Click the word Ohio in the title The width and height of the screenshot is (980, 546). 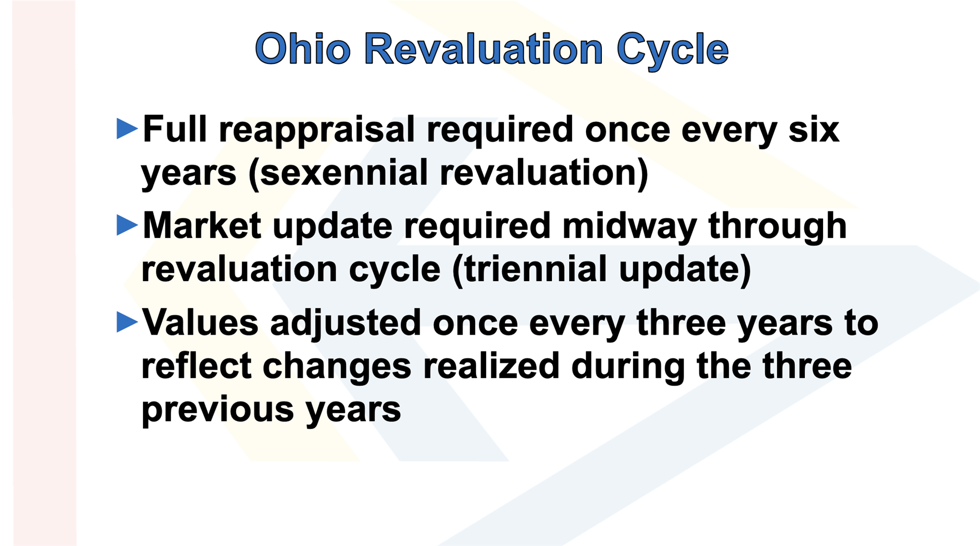tap(303, 49)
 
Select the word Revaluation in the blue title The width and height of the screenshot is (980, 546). tap(484, 49)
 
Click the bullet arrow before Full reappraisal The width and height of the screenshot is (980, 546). tap(127, 129)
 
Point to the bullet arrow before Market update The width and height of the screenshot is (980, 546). tap(127, 225)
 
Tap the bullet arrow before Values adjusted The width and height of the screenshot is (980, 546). tap(127, 322)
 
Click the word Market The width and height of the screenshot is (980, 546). tap(202, 226)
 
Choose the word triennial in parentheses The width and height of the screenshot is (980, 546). tap(535, 270)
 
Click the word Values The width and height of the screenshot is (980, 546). tap(200, 322)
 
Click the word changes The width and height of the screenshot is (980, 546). tap(337, 367)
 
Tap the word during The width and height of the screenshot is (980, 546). tap(628, 367)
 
